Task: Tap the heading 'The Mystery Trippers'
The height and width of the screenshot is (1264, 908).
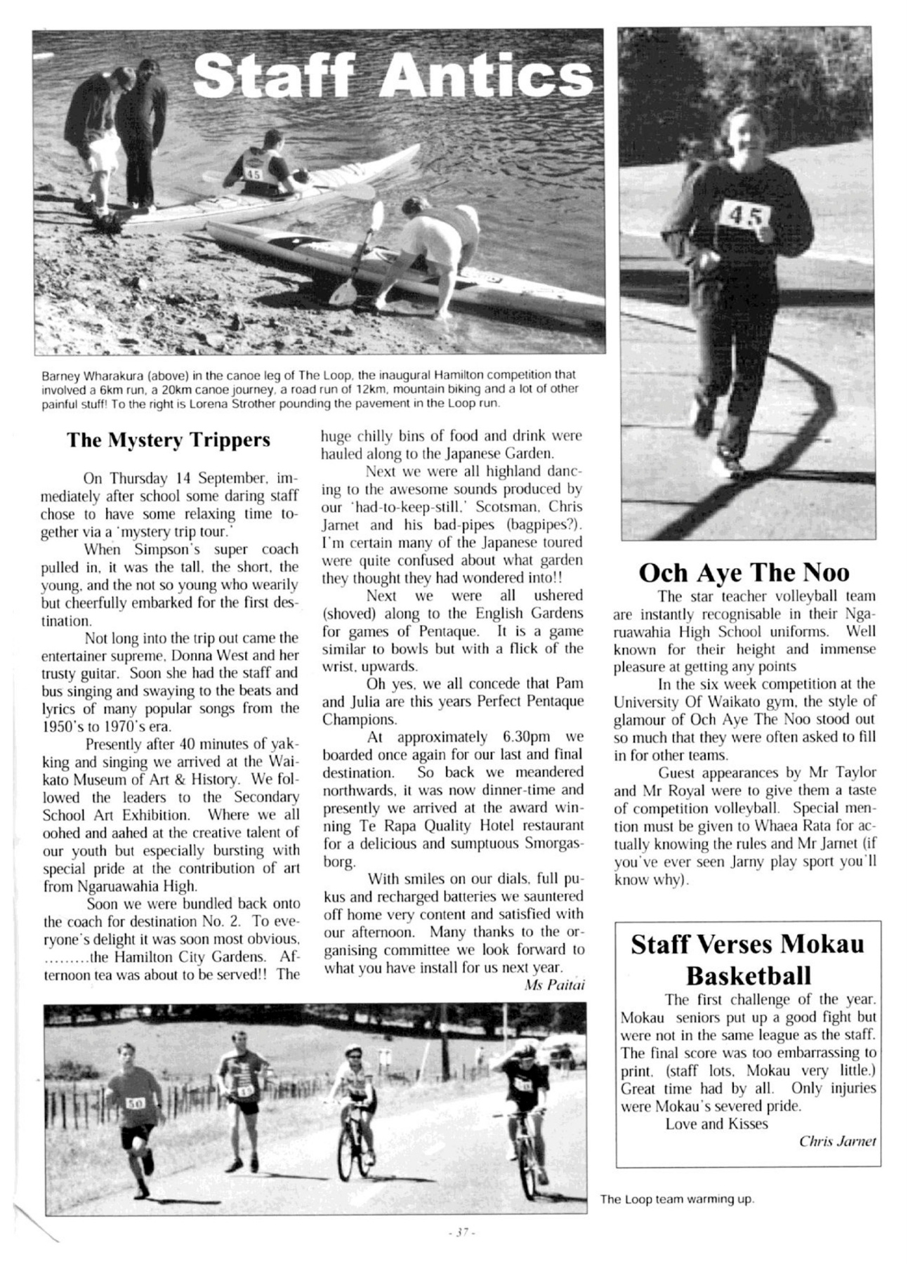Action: coord(169,440)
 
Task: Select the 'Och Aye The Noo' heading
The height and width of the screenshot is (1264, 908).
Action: coord(744,572)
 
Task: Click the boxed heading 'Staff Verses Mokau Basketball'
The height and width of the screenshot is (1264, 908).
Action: coord(747,959)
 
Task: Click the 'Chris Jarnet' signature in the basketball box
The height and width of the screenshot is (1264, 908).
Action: coord(838,1141)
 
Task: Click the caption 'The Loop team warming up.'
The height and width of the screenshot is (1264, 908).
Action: coord(676,1199)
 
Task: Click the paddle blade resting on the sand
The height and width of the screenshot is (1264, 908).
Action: coord(341,294)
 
